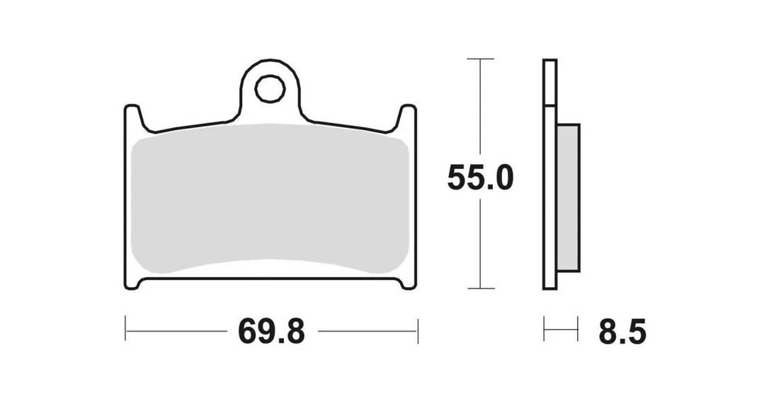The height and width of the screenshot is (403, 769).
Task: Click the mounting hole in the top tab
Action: pyautogui.click(x=270, y=89)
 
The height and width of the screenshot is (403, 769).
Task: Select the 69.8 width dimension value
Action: pyautogui.click(x=272, y=332)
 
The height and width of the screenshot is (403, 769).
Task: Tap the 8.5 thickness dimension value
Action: pyautogui.click(x=622, y=332)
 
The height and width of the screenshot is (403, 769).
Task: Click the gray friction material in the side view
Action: pyautogui.click(x=569, y=197)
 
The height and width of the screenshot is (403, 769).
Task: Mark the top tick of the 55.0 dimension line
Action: pyautogui.click(x=480, y=59)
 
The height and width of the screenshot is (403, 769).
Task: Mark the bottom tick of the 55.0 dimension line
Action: pyautogui.click(x=480, y=288)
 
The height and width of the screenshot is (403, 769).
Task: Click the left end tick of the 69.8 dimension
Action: pyautogui.click(x=125, y=330)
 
